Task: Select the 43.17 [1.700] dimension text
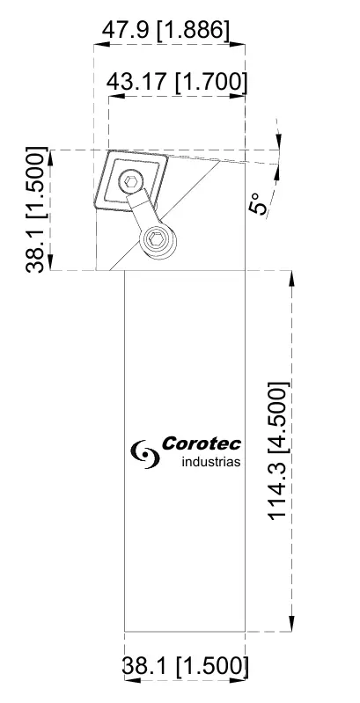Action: pos(176,84)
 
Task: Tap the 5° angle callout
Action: pos(261,205)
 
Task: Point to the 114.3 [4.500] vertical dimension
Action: pos(278,450)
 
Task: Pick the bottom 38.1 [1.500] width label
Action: pos(184,666)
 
